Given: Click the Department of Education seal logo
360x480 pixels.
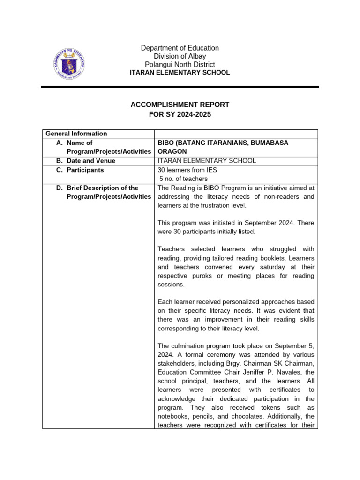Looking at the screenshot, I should pos(68,64).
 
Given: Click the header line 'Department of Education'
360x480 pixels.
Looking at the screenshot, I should pos(180,48).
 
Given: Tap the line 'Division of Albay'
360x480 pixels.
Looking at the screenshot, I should pos(180,56).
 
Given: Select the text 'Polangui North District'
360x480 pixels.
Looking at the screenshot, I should pos(180,65).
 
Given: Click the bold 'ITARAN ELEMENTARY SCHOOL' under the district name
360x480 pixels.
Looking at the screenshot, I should pos(180,73).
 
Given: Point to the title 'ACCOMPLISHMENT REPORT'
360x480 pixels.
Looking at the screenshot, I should pos(180,105).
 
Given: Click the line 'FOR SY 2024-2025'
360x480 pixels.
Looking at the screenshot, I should pos(180,114).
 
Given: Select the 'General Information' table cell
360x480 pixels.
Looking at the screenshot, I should pos(76,134).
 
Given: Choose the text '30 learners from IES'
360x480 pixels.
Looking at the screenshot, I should pos(188,170).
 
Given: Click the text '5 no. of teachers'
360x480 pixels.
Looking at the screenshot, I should pos(184,179).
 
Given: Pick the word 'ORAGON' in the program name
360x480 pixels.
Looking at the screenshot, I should pos(172,151).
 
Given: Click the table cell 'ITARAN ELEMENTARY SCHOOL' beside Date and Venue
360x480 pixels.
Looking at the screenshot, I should pos(207,161).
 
